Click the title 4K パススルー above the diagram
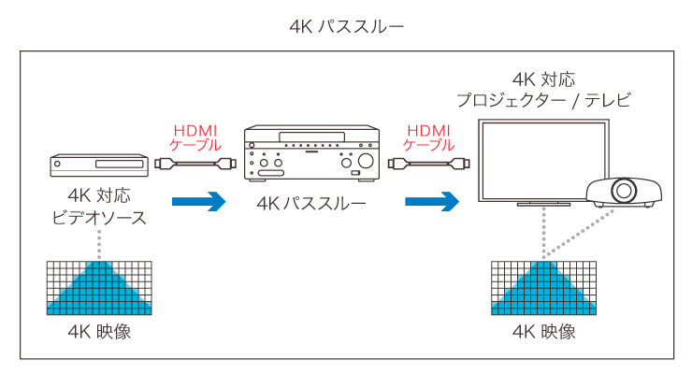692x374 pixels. coord(347,25)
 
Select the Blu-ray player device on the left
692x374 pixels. coord(99,165)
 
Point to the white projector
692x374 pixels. coord(624,191)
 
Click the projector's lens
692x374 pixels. coord(622,194)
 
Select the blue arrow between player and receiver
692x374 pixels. coord(199,200)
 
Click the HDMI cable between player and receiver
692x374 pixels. coord(195,165)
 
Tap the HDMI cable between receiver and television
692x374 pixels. coord(430,165)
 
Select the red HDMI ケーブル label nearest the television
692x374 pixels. coord(429,137)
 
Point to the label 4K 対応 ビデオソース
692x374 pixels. coord(99,208)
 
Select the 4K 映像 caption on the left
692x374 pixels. coord(99,333)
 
